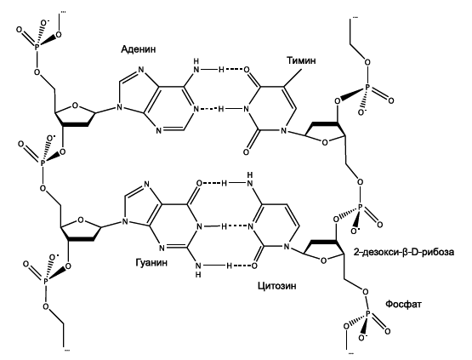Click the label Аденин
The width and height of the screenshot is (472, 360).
click(139, 49)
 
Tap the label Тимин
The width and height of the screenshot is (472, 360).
click(301, 60)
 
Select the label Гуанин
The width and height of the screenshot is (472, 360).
click(151, 262)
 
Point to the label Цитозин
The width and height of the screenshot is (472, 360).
click(276, 285)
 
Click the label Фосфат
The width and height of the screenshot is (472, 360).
click(403, 304)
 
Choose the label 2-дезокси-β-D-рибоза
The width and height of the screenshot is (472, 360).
click(404, 252)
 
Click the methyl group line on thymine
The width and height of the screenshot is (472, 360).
click(293, 78)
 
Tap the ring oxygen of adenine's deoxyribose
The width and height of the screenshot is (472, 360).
click(75, 106)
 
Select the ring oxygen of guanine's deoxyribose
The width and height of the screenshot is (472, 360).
click(81, 220)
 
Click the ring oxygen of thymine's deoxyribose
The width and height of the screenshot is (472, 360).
click(325, 142)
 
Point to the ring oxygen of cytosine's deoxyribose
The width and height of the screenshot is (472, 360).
click(324, 260)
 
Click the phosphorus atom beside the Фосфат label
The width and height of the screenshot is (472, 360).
click(367, 315)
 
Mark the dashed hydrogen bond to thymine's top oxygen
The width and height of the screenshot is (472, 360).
click(235, 70)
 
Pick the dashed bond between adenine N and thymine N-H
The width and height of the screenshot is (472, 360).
click(208, 109)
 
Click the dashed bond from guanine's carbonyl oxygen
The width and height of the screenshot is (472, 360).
click(213, 183)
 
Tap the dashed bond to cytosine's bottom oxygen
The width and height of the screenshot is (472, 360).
click(242, 266)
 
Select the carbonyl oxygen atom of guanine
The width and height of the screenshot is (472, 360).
click(199, 183)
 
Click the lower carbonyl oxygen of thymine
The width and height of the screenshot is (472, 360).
click(247, 152)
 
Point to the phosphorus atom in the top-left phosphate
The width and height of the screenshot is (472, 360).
click(37, 47)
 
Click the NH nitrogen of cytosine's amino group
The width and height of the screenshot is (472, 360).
click(249, 183)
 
